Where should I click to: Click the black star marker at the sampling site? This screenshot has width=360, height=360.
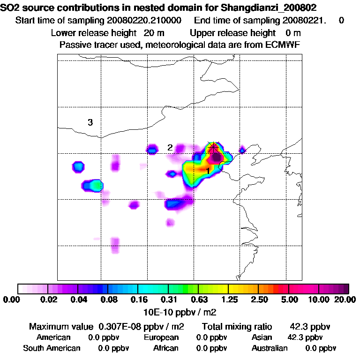click(213, 147)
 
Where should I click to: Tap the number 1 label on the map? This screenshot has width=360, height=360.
click(208, 172)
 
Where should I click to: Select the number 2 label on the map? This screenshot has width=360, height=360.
click(170, 148)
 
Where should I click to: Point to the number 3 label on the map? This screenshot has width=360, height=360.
click(90, 123)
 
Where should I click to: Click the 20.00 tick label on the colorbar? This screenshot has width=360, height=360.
click(345, 300)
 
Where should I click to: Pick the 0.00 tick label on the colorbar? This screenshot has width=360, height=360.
click(13, 300)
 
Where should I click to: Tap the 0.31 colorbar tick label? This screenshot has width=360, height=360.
click(169, 300)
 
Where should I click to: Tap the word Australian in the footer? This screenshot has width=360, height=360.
click(270, 348)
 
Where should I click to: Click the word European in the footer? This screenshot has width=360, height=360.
click(161, 337)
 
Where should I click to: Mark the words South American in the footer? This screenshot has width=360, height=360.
click(52, 348)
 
